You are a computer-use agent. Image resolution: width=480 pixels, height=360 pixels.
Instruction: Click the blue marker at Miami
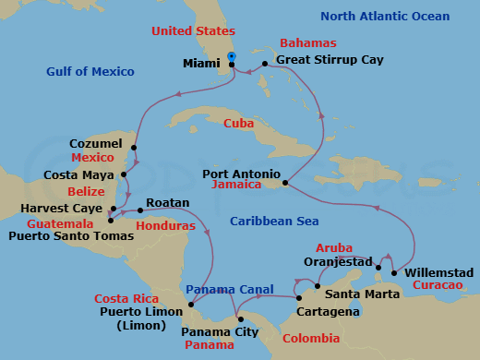point(231,57)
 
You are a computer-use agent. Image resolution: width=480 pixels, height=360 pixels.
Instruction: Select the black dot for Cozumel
point(134,147)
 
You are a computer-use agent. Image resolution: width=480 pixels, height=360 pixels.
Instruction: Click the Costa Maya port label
point(81,174)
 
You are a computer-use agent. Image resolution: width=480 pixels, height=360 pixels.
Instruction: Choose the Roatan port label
point(167,203)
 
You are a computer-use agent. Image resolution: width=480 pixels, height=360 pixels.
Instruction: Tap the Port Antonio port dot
point(285,183)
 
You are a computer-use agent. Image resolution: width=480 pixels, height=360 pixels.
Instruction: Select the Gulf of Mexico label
point(90,72)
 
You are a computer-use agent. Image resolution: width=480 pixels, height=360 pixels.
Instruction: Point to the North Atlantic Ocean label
point(385,17)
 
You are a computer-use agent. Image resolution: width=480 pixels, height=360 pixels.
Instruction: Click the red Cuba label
point(239,123)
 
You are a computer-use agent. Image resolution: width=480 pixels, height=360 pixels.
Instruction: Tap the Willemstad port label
point(439,273)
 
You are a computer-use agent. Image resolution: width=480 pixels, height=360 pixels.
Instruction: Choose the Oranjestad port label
point(338,261)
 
